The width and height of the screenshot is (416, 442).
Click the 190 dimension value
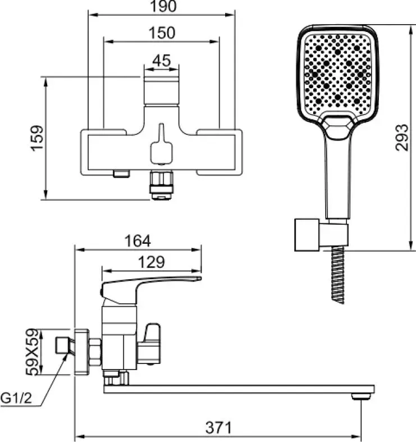pyautogui.click(x=163, y=6)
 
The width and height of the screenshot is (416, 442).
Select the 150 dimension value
pyautogui.click(x=162, y=33)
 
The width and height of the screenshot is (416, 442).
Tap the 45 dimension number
pyautogui.click(x=162, y=60)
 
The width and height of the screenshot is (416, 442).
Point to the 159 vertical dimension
pyautogui.click(x=38, y=138)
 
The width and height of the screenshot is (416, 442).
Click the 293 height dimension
pyautogui.click(x=401, y=138)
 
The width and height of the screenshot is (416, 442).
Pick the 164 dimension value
pyautogui.click(x=138, y=241)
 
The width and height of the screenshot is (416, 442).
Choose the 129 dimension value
pyautogui.click(x=151, y=262)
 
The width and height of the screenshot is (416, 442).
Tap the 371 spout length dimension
pyautogui.click(x=218, y=427)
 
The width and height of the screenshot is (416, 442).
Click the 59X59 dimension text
pyautogui.click(x=32, y=352)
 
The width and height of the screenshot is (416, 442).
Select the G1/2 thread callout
pyautogui.click(x=16, y=399)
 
